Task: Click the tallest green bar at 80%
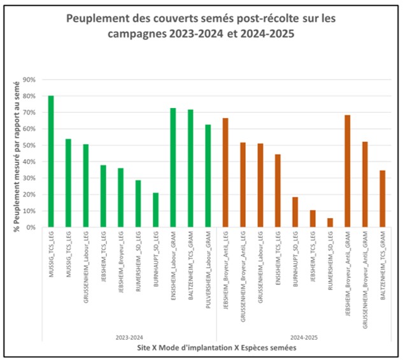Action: [x=51, y=162]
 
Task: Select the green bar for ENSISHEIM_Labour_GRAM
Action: [x=173, y=168]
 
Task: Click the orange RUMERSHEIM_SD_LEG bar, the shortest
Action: [x=330, y=223]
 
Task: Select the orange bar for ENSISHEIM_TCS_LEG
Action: [x=278, y=191]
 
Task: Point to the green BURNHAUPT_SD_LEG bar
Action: [x=155, y=210]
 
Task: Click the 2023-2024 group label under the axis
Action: [x=129, y=337]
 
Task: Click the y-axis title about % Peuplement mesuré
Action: [x=16, y=153]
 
